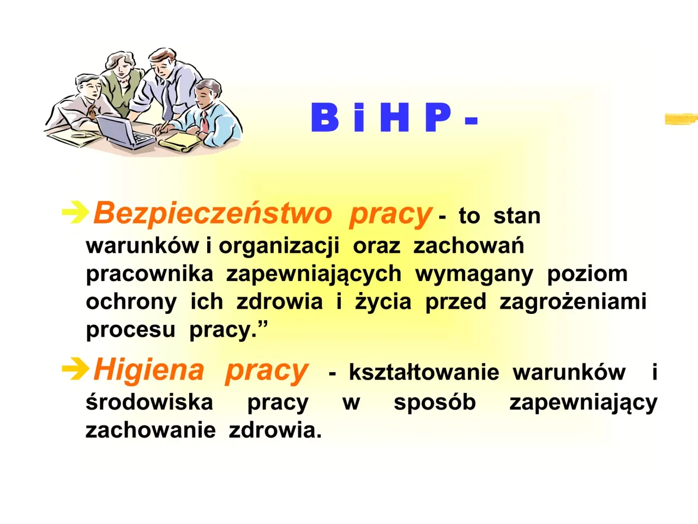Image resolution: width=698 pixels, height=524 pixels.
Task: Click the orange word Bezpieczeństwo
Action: (212, 213)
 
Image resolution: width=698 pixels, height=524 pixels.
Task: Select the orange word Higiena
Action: (148, 370)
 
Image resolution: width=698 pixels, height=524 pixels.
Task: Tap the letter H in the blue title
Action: (394, 117)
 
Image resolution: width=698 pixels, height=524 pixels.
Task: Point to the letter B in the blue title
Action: (324, 117)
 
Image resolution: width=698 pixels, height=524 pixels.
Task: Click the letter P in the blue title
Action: (438, 117)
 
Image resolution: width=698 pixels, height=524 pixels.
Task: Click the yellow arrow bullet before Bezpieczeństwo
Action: (75, 212)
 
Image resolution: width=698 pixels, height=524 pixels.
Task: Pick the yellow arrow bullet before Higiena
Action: (75, 370)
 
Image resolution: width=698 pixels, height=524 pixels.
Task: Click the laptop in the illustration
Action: (124, 133)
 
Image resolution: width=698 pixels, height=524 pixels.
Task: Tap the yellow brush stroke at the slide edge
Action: (681, 118)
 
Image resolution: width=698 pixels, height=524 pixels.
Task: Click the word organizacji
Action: (279, 246)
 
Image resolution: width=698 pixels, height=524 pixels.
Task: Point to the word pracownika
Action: (149, 273)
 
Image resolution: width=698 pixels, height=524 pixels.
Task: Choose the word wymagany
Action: (474, 274)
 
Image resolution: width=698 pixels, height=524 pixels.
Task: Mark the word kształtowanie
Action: (424, 372)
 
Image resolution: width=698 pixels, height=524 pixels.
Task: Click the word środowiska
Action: (149, 402)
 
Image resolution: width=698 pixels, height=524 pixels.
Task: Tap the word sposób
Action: (435, 402)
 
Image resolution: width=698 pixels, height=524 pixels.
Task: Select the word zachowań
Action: (468, 246)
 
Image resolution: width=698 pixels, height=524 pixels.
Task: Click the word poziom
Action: (587, 273)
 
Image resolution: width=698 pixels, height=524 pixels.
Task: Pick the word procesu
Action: (130, 330)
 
